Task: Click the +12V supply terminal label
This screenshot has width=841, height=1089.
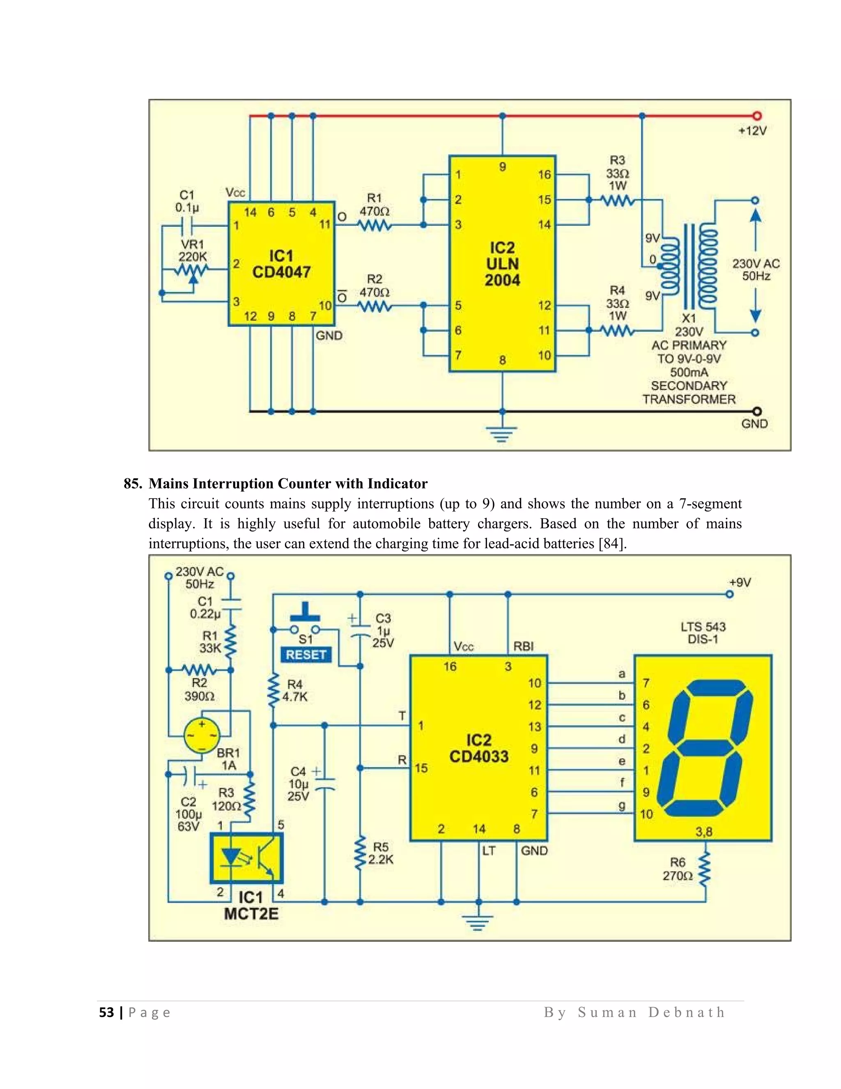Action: tap(752, 131)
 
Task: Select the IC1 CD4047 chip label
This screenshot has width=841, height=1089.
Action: tap(281, 264)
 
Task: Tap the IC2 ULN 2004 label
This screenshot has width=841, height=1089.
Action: tap(502, 264)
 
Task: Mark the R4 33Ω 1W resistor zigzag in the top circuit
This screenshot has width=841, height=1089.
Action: tap(617, 330)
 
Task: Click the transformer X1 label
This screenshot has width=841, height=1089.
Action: tap(689, 318)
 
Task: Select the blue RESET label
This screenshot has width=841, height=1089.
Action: tap(306, 655)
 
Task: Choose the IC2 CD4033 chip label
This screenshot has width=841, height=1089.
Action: tap(479, 748)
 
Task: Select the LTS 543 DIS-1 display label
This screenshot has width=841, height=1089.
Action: tap(703, 633)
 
